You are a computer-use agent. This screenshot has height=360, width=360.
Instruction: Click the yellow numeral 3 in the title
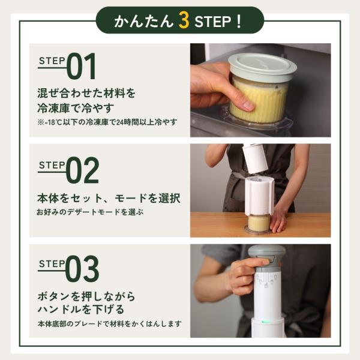[x=184, y=20]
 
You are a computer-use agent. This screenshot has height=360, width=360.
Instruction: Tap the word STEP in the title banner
[x=212, y=22]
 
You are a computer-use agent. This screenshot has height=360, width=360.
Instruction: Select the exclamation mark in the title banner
[x=239, y=22]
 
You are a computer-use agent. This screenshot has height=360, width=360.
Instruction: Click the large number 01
[x=81, y=66]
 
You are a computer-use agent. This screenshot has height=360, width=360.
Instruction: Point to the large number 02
[x=82, y=170]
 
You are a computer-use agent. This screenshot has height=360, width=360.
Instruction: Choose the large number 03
[x=82, y=269]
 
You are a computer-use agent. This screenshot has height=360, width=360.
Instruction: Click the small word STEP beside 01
[x=52, y=61]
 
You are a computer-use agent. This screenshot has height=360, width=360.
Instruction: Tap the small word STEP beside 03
[x=52, y=264]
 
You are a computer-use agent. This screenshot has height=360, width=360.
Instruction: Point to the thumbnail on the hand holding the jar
[x=248, y=106]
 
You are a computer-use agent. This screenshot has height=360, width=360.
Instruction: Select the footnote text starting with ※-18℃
[x=107, y=122]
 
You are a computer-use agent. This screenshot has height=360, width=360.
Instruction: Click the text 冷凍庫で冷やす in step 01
[x=76, y=108]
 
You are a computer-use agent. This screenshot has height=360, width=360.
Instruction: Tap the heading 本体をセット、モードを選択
[x=109, y=198]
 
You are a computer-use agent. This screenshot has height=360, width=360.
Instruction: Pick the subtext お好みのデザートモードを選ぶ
[x=90, y=212]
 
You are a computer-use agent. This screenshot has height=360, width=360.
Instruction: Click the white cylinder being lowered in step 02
[x=255, y=158]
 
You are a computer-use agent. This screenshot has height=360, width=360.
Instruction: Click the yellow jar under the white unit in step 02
[x=259, y=223]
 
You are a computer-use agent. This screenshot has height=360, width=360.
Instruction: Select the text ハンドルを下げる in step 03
[x=81, y=310]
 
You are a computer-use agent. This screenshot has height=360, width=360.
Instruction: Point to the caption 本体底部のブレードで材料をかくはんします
[x=110, y=324]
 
